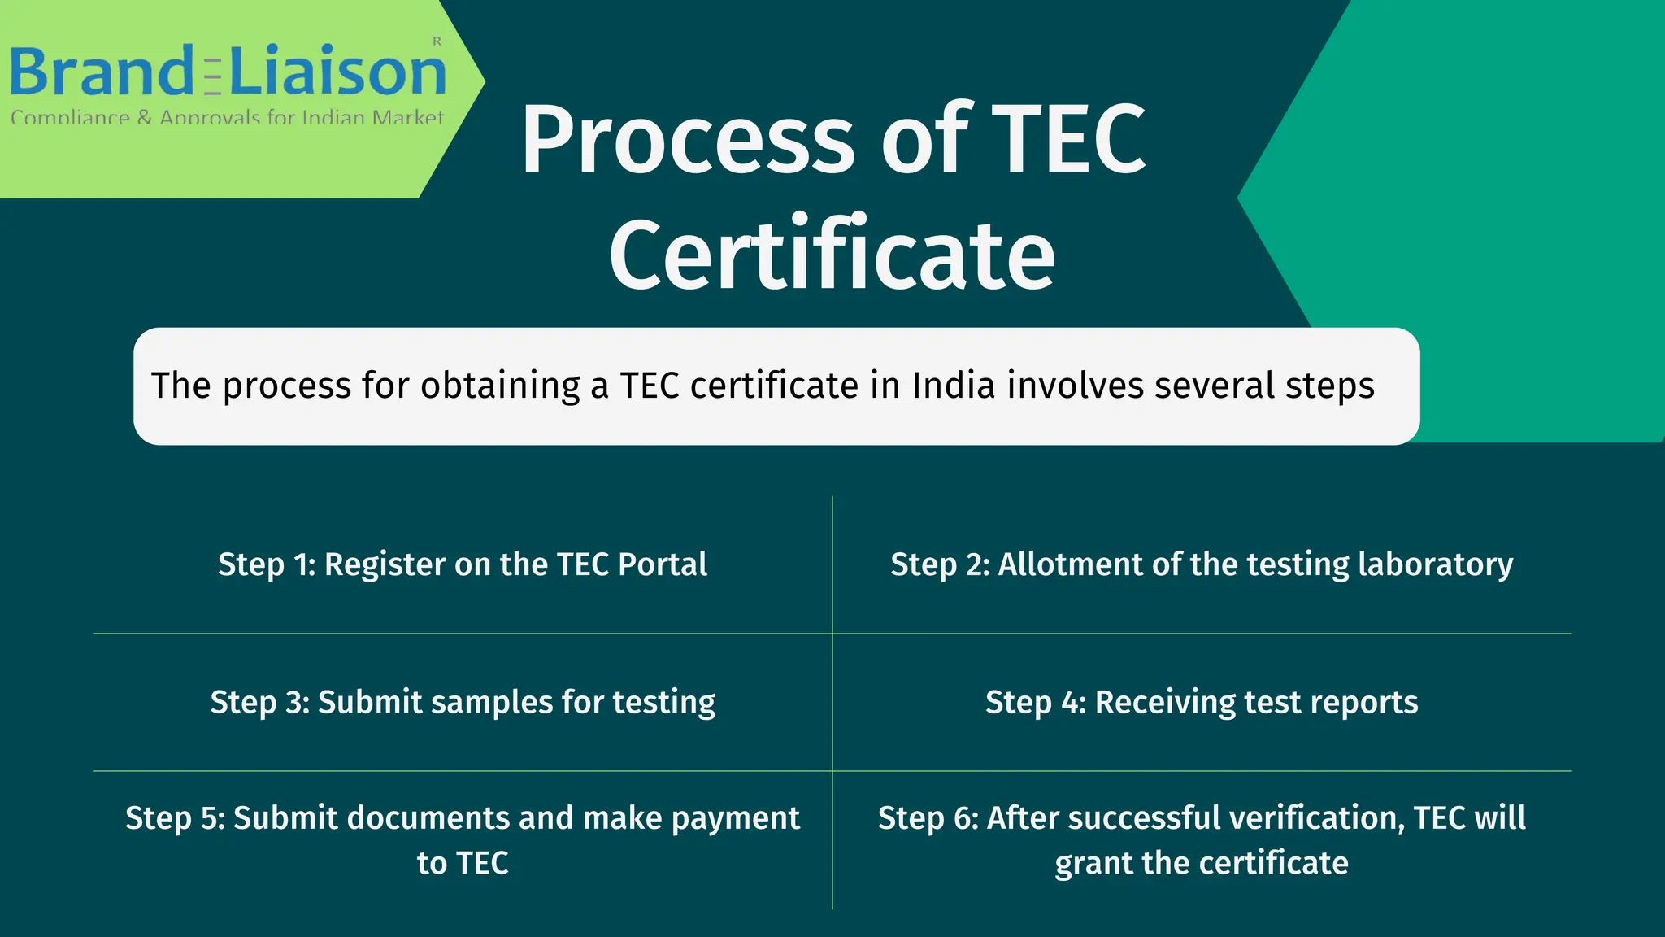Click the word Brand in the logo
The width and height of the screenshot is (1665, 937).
100,72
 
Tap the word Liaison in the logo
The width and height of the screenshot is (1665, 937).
338,72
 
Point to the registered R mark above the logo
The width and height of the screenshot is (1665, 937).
437,41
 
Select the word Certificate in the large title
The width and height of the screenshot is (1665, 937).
832,254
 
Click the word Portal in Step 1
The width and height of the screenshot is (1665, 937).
663,564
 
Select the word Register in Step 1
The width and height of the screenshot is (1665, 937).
385,564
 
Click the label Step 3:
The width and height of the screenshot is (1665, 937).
260,702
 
